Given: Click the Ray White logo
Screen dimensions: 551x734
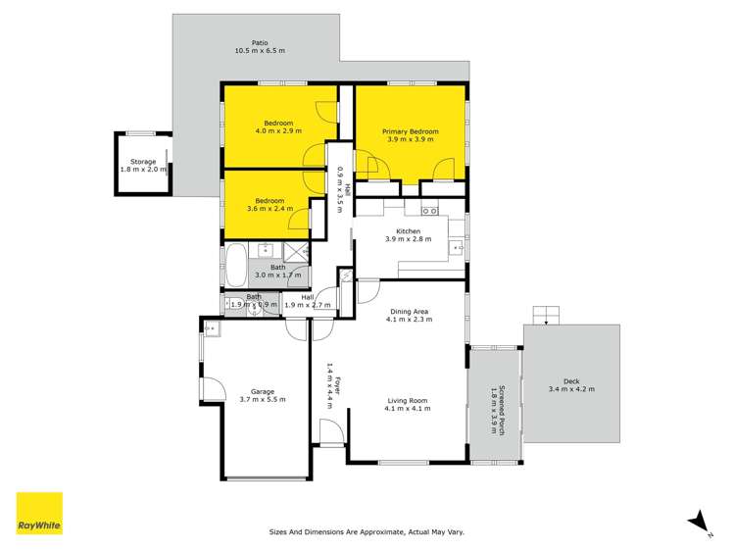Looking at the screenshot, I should [x=39, y=513].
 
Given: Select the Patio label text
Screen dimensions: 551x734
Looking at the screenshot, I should [x=260, y=42].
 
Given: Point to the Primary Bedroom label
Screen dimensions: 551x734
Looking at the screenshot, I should [x=411, y=130].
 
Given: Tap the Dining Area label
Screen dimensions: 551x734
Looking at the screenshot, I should [x=408, y=311].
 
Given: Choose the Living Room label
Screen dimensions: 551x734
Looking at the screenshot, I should [x=407, y=400].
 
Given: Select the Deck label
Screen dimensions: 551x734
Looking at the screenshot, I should [x=572, y=380].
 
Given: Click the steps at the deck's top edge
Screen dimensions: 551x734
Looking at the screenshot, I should [x=547, y=315].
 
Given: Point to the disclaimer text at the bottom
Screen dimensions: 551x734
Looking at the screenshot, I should [x=367, y=532].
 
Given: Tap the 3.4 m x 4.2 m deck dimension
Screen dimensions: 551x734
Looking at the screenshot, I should [x=572, y=389].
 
